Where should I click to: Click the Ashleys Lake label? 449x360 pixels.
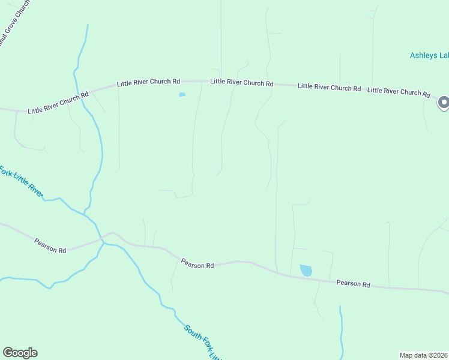click(429, 55)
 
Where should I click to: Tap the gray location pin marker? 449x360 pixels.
click(444, 103)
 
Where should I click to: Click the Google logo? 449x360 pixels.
click(20, 353)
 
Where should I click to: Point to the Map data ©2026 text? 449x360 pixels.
click(423, 355)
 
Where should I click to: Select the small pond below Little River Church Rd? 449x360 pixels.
click(182, 95)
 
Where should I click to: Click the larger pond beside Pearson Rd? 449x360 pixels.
click(306, 270)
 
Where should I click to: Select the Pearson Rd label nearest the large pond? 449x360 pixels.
click(353, 283)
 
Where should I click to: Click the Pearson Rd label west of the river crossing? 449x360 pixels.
click(50, 245)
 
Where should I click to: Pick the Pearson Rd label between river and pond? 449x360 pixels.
click(197, 264)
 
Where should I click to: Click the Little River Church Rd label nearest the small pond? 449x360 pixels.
click(148, 82)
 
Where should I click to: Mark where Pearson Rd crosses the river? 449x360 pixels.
click(103, 241)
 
